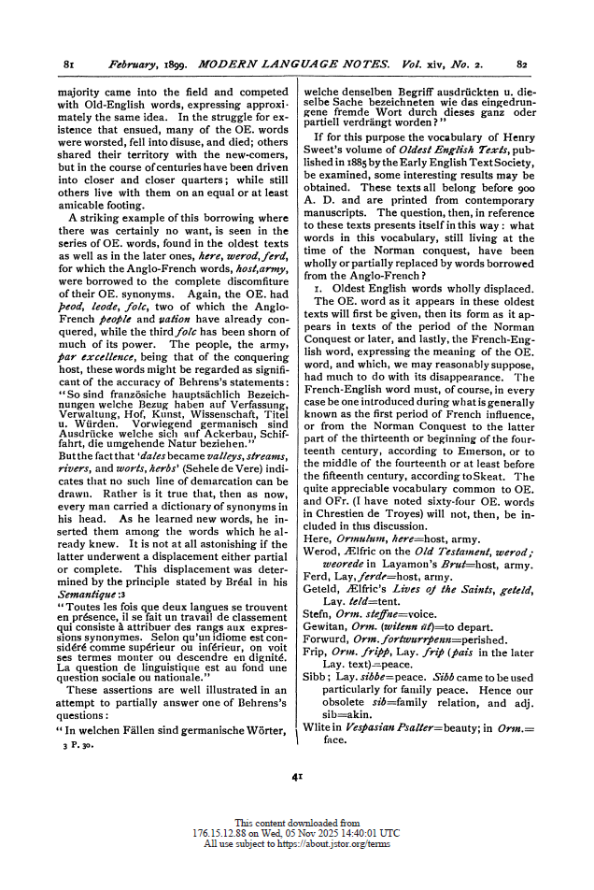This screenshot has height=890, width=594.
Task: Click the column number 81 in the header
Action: tap(68, 64)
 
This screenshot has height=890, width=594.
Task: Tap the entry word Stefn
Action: tap(319, 613)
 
